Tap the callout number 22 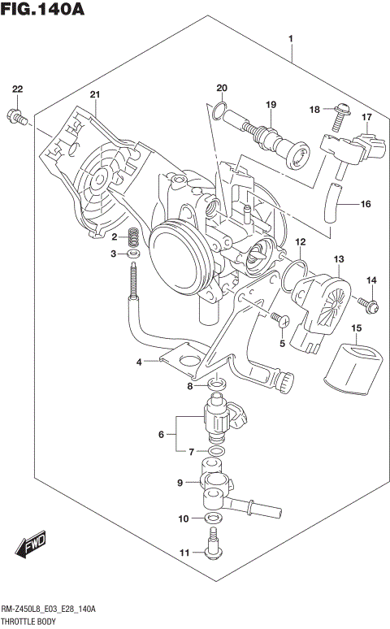tap(17, 89)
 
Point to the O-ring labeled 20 tap(217, 110)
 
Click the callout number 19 tap(271, 104)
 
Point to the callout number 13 tap(338, 259)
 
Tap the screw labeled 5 tap(279, 319)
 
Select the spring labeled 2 tap(136, 237)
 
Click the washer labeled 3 tap(135, 255)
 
